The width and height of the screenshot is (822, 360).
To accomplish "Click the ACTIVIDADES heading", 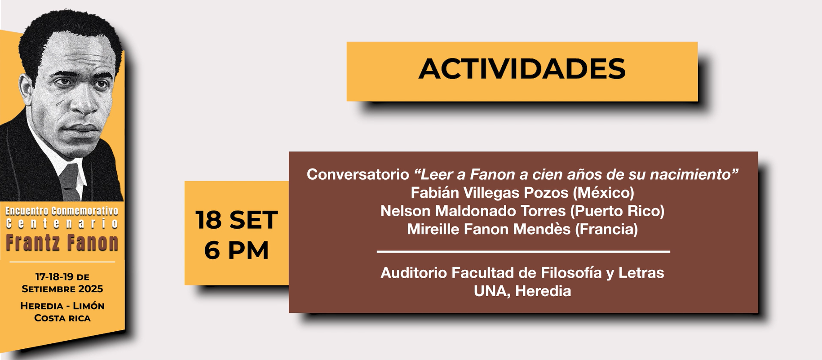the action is tap(522, 69).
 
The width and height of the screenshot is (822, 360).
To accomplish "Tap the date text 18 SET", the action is tap(237, 220).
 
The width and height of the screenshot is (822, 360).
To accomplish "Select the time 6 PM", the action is tap(236, 250).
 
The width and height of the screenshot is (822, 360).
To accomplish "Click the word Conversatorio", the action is tap(358, 174).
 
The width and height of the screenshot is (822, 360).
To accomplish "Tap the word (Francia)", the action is tap(606, 230).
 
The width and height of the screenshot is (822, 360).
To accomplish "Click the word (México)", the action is tap(603, 193).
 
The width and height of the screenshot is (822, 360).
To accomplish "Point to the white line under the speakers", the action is tap(523, 252).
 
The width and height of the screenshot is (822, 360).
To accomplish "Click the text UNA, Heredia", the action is tap(522, 291).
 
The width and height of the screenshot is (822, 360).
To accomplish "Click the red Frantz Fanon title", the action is tap(62, 243).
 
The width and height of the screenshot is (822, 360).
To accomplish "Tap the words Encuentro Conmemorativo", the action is tap(62, 211).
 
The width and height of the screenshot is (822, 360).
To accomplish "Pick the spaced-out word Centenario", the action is tap(62, 223).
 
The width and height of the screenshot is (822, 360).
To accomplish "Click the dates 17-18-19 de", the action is tap(62, 277).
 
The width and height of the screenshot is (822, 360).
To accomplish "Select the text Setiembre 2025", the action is tap(62, 289).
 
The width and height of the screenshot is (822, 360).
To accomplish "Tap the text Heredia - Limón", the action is tap(62, 306).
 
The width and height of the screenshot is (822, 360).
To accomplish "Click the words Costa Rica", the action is tap(62, 318).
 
